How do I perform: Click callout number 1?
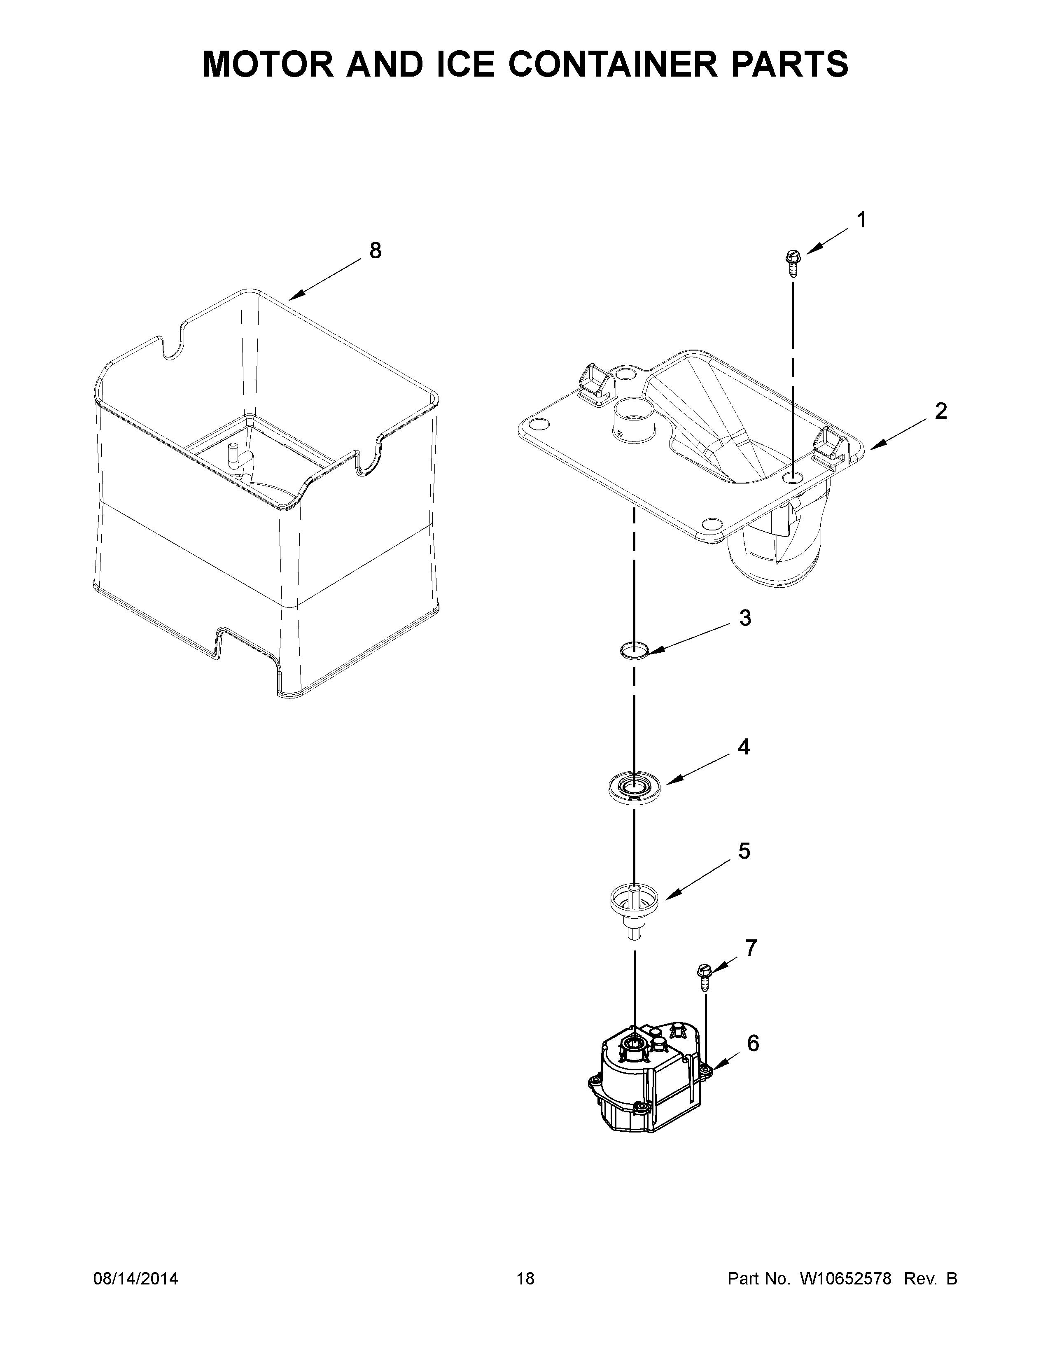pyautogui.click(x=861, y=220)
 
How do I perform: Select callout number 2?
pyautogui.click(x=940, y=411)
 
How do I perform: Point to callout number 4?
pyautogui.click(x=744, y=747)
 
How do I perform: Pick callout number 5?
pyautogui.click(x=744, y=851)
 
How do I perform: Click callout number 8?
pyautogui.click(x=375, y=251)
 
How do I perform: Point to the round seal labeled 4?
pyautogui.click(x=634, y=787)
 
